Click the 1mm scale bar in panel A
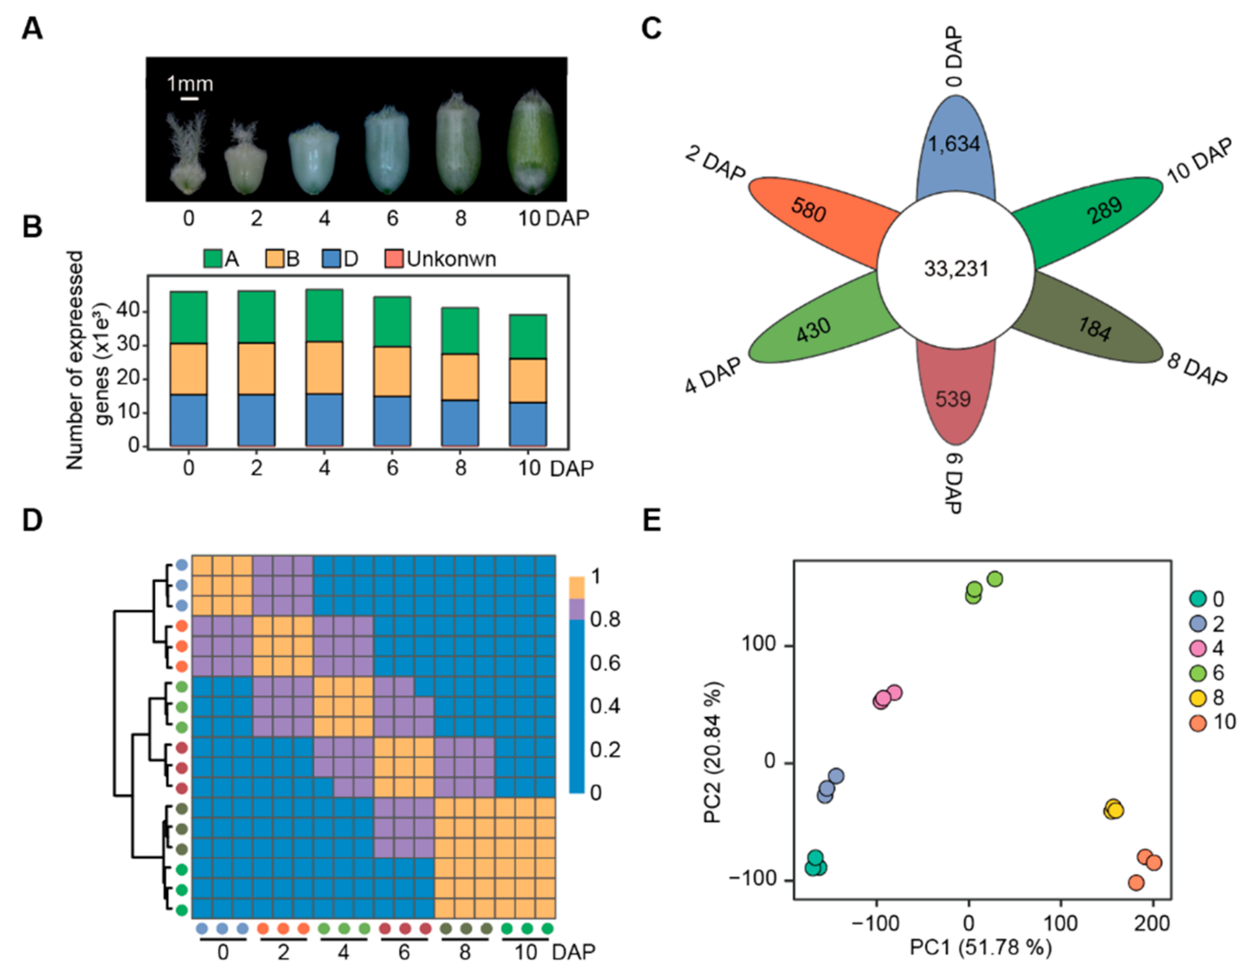(190, 99)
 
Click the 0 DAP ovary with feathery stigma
(187, 153)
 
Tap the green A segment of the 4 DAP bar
(324, 316)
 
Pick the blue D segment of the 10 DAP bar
(528, 424)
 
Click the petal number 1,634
(954, 143)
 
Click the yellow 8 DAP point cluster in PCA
(1113, 809)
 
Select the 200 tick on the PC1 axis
(1153, 923)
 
